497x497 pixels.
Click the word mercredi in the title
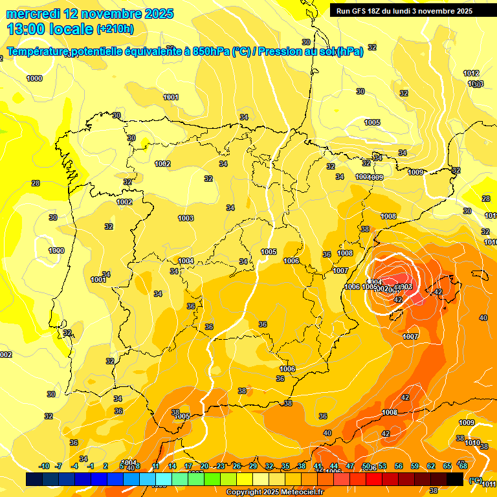coord(34,14)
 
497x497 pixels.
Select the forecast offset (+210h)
coord(115,29)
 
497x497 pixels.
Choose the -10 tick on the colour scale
coord(44,466)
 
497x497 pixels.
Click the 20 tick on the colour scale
coord(204,466)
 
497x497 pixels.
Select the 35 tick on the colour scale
coord(285,466)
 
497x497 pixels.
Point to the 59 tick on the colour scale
coord(415,466)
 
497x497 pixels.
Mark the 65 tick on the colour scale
coord(447,466)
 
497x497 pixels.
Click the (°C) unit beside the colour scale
coord(476,480)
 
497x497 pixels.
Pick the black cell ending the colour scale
coord(455,479)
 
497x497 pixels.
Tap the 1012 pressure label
coord(471,74)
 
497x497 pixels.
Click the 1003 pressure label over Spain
coord(186,218)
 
